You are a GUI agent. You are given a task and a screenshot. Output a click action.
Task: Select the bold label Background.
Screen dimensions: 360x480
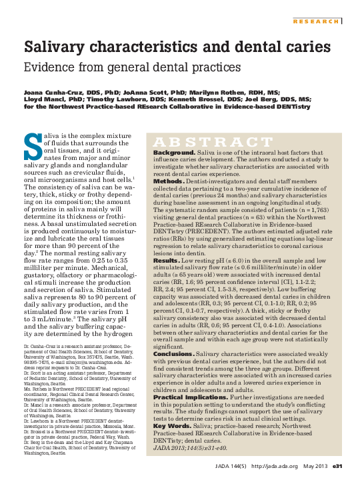174,153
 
